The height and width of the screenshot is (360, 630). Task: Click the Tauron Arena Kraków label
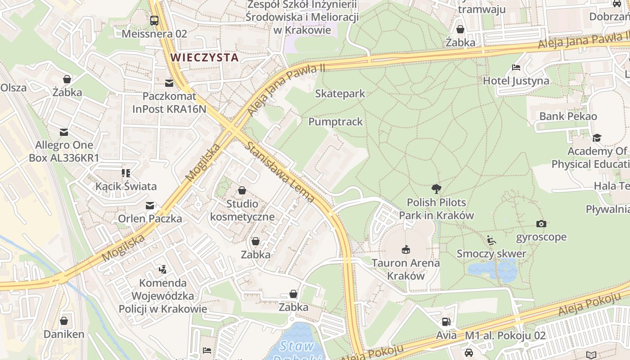[x=406, y=269]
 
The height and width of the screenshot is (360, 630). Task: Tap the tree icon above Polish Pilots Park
[x=436, y=189]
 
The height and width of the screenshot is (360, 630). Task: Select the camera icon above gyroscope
[x=541, y=224]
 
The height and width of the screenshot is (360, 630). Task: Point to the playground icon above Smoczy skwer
[x=491, y=240]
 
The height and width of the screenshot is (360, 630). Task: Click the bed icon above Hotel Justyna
[x=516, y=67]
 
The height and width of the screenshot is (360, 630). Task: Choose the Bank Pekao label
[x=568, y=116]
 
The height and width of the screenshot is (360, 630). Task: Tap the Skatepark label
[x=340, y=94]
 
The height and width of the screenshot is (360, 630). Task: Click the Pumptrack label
[x=335, y=122]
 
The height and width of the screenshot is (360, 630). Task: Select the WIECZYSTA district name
[x=205, y=57]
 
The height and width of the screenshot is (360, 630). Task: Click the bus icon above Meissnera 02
[x=154, y=20]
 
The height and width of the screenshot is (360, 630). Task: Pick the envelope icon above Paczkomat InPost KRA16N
[x=169, y=83]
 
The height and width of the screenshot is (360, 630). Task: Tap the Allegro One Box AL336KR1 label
[x=64, y=151]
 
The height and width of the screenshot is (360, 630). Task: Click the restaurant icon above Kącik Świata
[x=126, y=173]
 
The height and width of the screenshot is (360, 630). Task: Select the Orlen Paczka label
[x=150, y=219]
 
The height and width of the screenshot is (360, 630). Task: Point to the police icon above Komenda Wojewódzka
[x=163, y=270]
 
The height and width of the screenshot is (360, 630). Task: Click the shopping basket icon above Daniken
[x=64, y=321]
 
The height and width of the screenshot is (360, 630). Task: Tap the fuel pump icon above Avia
[x=446, y=322]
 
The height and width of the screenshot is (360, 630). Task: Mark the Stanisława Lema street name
[x=280, y=172]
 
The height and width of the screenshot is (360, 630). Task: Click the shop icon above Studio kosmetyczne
[x=242, y=190]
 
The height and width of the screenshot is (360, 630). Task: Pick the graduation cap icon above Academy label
[x=597, y=138]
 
